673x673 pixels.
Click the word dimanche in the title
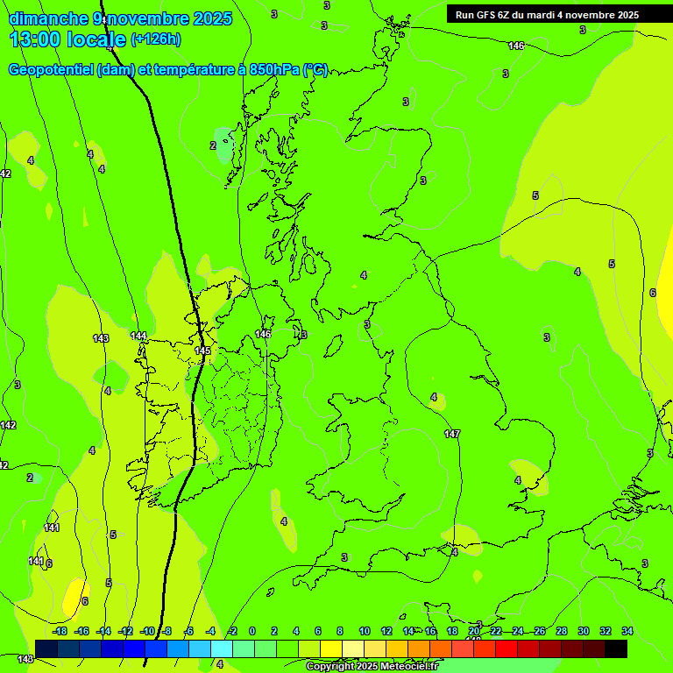tap(48, 18)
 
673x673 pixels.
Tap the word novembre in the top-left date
tap(149, 18)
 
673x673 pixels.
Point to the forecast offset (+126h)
tap(156, 39)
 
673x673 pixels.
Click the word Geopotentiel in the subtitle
tap(52, 70)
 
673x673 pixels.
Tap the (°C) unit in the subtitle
tap(315, 70)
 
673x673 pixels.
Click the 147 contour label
tap(452, 434)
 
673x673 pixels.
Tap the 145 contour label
tap(202, 351)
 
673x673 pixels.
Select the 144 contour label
tap(138, 336)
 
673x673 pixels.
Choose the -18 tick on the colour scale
tap(60, 631)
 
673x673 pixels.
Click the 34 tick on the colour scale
tap(627, 631)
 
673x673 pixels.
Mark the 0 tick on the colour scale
tap(252, 631)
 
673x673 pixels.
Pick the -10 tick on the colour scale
tap(146, 631)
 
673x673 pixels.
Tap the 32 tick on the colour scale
tap(606, 631)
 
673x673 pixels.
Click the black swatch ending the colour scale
tap(616, 648)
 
